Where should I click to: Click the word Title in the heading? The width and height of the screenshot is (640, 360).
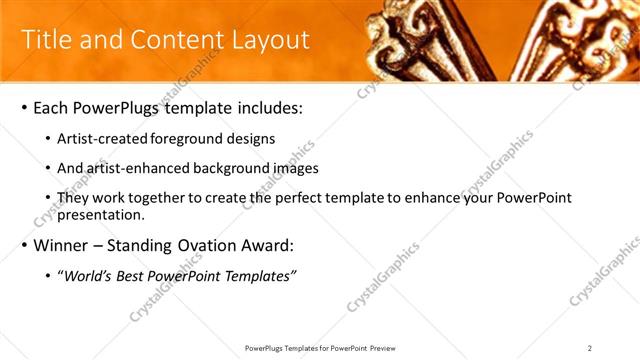coord(46,40)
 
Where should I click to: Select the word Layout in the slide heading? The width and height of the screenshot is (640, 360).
coord(267,40)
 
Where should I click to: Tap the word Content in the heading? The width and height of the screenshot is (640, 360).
coord(173,40)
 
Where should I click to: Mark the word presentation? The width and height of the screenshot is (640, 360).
coord(104,214)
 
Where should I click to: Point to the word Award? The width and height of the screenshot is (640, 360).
coord(269,246)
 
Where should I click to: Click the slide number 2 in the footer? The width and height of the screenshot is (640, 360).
coord(590,348)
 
